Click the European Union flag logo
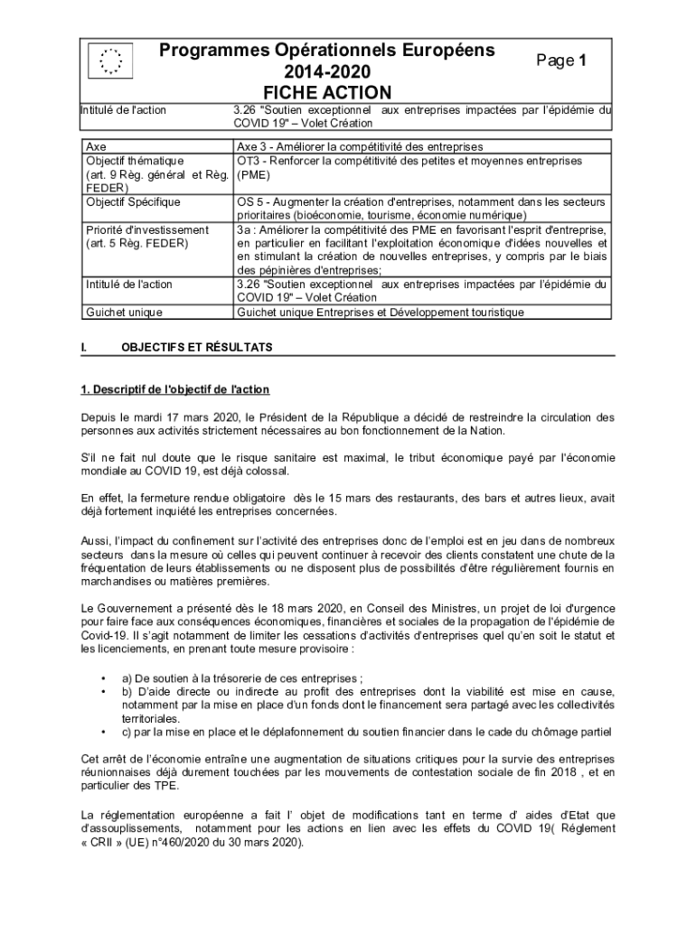110,61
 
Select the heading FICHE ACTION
327,92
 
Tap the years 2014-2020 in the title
327,71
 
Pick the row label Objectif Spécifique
133,201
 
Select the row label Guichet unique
124,312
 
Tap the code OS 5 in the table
252,201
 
